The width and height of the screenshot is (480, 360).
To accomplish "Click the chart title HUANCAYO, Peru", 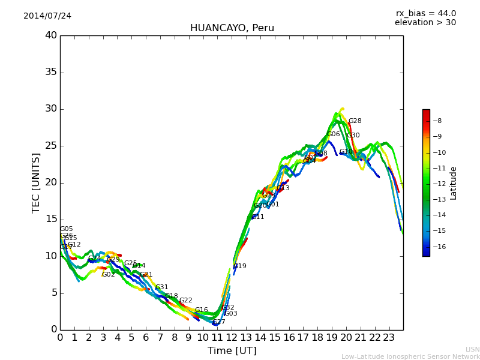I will (x=232, y=28).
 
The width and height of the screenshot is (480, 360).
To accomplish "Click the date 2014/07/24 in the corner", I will (x=47, y=16).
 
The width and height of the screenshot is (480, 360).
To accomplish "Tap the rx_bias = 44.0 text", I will (x=425, y=13).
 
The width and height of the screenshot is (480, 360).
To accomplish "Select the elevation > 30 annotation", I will (x=425, y=23).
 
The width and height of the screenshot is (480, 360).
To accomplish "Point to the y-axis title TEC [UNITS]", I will (x=36, y=182).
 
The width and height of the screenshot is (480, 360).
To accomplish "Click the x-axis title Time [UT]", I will (x=232, y=351).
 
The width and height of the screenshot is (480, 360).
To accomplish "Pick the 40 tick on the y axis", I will (x=50, y=35).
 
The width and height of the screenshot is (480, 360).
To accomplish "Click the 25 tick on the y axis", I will (x=50, y=146).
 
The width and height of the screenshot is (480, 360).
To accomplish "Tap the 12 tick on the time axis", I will (x=232, y=338).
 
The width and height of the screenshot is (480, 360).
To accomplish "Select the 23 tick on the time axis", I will (x=389, y=338).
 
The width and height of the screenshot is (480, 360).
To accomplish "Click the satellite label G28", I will (x=355, y=121).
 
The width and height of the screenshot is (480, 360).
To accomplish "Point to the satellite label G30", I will (x=353, y=136).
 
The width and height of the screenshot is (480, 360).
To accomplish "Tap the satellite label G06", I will (x=334, y=134).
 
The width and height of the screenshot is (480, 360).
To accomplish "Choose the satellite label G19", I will (x=240, y=266).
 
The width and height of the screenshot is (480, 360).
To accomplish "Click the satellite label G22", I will (x=186, y=301).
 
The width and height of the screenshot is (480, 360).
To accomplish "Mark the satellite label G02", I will (x=108, y=275).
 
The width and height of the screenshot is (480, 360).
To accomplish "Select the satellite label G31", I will (x=162, y=287).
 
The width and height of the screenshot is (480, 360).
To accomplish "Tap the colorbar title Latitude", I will (x=454, y=183).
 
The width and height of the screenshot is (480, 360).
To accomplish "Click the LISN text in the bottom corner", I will (x=473, y=349).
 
